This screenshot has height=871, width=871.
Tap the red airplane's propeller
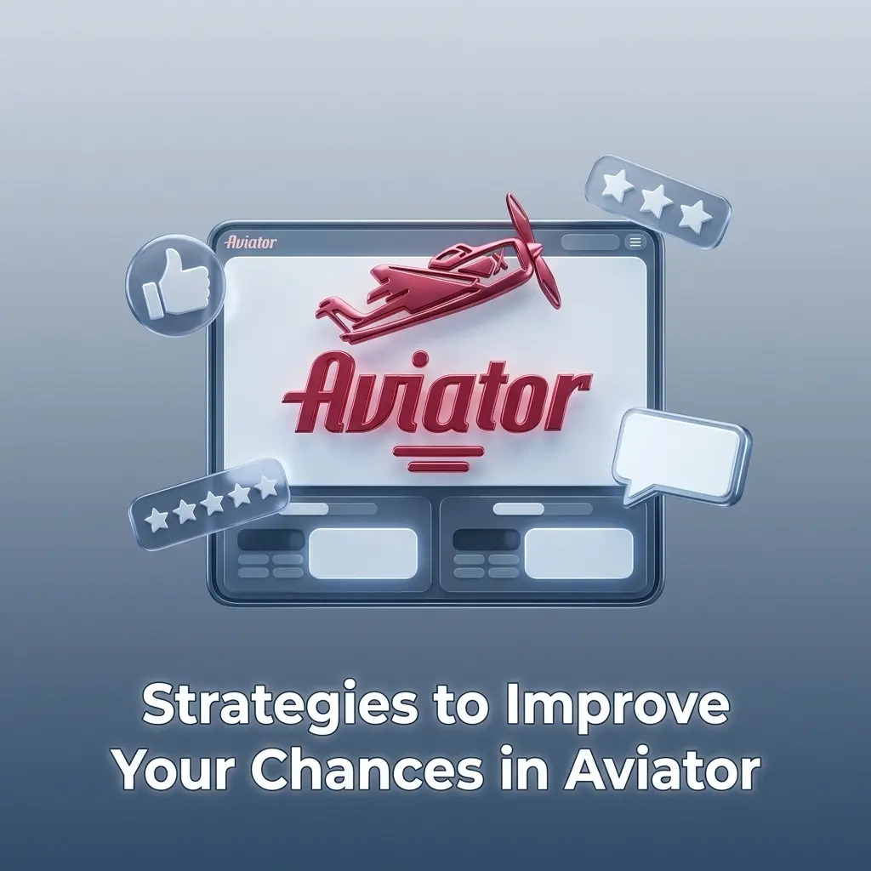click(532, 251)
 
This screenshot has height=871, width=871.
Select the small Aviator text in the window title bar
click(251, 242)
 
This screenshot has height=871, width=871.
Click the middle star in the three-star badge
click(657, 201)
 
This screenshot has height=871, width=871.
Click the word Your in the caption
click(180, 771)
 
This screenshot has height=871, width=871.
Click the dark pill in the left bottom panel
click(270, 540)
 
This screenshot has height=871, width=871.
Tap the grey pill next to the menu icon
click(590, 242)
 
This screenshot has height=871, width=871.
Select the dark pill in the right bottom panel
click(486, 540)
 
